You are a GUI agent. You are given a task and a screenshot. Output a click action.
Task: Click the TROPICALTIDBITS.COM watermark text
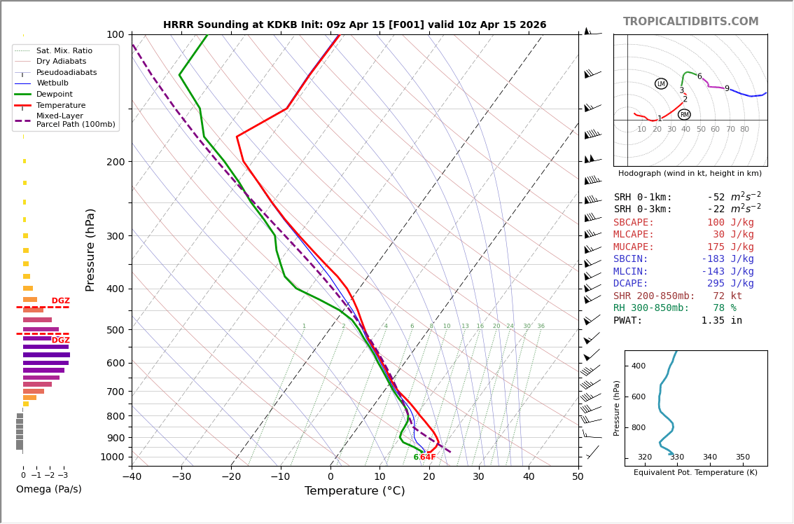tap(690, 22)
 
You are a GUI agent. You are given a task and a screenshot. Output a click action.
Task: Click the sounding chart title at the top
tap(354, 25)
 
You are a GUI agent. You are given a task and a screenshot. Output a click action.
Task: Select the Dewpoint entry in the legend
tap(54, 95)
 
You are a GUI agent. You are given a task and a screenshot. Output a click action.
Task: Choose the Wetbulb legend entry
tap(52, 83)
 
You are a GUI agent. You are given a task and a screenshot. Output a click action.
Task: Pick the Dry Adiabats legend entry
tap(61, 62)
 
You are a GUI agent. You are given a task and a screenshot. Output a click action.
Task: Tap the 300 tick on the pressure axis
tap(114, 236)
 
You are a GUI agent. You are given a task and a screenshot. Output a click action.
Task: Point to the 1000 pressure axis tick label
tap(111, 457)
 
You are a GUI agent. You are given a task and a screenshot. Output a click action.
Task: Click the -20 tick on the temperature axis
tap(231, 477)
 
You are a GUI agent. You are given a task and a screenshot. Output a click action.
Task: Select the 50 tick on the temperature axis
tap(578, 477)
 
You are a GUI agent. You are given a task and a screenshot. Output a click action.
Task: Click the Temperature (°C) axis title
tap(354, 491)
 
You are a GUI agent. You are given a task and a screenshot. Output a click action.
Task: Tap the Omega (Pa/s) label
tap(48, 489)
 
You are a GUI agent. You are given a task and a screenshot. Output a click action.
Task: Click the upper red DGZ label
tap(61, 301)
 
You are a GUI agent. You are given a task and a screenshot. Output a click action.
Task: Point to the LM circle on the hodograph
tap(661, 84)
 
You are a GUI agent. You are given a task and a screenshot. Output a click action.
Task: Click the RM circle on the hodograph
tap(684, 115)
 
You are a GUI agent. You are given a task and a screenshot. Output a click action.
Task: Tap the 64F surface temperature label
tap(427, 457)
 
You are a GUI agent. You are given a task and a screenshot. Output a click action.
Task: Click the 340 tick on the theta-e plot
tap(709, 457)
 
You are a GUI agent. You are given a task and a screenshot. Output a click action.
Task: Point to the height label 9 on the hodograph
tap(727, 89)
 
